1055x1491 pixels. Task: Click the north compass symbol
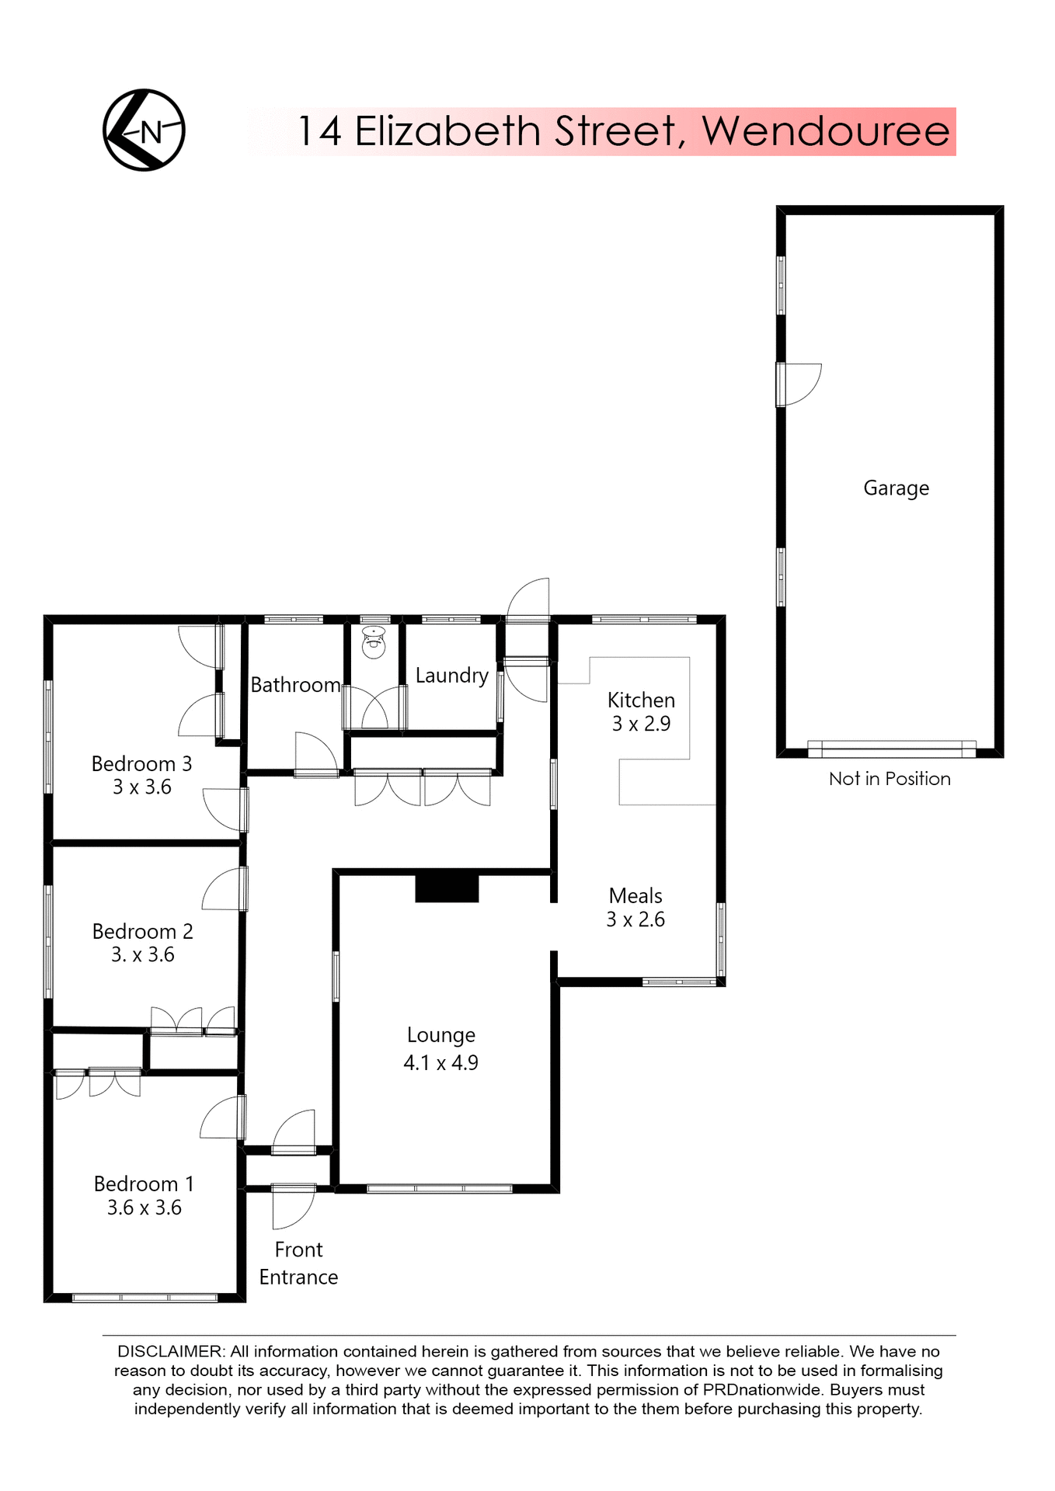[144, 130]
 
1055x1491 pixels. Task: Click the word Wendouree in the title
[826, 131]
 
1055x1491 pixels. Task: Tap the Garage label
[896, 488]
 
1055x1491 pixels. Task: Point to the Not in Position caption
[890, 779]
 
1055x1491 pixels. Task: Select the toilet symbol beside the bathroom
[374, 643]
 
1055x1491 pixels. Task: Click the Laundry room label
[451, 676]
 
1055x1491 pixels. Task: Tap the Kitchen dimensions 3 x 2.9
[641, 724]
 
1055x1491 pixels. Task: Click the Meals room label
[635, 895]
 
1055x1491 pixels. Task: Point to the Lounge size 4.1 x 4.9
[440, 1062]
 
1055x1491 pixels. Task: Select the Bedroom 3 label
[141, 763]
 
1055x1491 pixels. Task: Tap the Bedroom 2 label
[142, 931]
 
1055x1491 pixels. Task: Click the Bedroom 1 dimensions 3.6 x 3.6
[144, 1208]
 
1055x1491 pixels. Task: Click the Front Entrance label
[298, 1263]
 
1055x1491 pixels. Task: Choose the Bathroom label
[295, 685]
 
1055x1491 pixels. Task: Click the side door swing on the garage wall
[800, 384]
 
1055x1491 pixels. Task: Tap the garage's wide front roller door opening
[891, 749]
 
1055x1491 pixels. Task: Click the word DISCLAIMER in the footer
[170, 1352]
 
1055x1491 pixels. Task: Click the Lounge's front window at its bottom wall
[440, 1188]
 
